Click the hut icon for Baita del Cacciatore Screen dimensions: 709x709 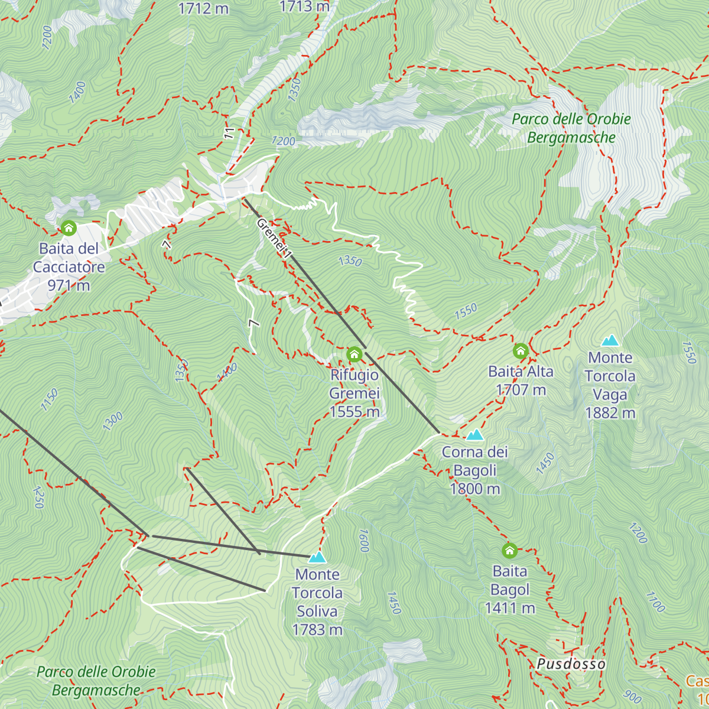pos(69,228)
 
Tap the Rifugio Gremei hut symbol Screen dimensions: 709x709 pos(354,354)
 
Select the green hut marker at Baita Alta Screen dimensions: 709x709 pos(521,351)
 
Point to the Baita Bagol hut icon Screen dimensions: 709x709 pos(509,551)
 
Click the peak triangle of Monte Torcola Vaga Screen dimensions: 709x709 pos(610,340)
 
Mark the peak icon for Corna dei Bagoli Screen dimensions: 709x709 pos(474,435)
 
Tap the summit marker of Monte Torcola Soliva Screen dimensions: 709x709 pos(317,557)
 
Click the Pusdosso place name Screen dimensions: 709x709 pos(571,664)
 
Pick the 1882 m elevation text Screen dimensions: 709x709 pos(610,413)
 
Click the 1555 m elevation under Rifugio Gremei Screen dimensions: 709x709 pos(354,412)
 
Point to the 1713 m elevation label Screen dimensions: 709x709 pos(304,6)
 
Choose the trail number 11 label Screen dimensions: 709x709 pos(229,133)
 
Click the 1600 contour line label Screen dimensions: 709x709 pos(364,541)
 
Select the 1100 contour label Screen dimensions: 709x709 pos(655,602)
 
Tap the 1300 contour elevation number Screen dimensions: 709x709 pos(113,421)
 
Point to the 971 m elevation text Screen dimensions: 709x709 pos(69,285)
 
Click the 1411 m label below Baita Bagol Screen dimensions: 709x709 pos(509,608)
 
